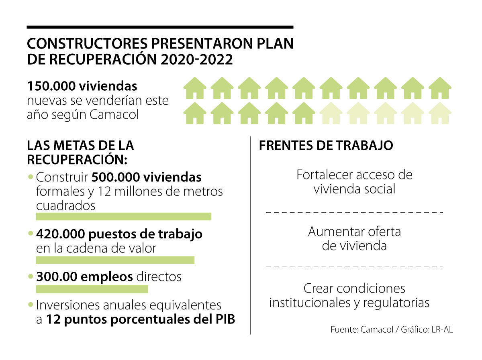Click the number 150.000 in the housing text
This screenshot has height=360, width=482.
(51, 86)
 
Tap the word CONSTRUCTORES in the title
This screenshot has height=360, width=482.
(87, 43)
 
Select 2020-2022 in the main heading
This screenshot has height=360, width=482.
(196, 59)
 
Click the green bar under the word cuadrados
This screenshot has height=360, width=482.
(124, 216)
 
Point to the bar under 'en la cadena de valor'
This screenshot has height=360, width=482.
(115, 260)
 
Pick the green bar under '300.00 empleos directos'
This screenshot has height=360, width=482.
(92, 289)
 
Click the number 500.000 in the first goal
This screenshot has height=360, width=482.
(116, 177)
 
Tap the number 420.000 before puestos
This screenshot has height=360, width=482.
(61, 234)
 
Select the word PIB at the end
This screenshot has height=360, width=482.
(225, 319)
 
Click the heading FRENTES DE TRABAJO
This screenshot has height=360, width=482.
(326, 145)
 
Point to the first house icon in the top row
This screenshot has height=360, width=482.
(195, 88)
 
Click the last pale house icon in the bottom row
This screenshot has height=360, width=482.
(440, 113)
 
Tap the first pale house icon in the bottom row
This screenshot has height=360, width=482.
(331, 113)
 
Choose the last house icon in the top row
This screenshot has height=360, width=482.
(440, 88)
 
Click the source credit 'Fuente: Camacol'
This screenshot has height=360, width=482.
(362, 330)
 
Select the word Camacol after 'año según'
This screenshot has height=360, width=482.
(114, 114)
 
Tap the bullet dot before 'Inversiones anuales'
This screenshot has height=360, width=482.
(31, 305)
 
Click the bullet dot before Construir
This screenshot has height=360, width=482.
(31, 177)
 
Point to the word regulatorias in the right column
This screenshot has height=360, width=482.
(396, 303)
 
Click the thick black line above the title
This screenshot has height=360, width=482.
(160, 27)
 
